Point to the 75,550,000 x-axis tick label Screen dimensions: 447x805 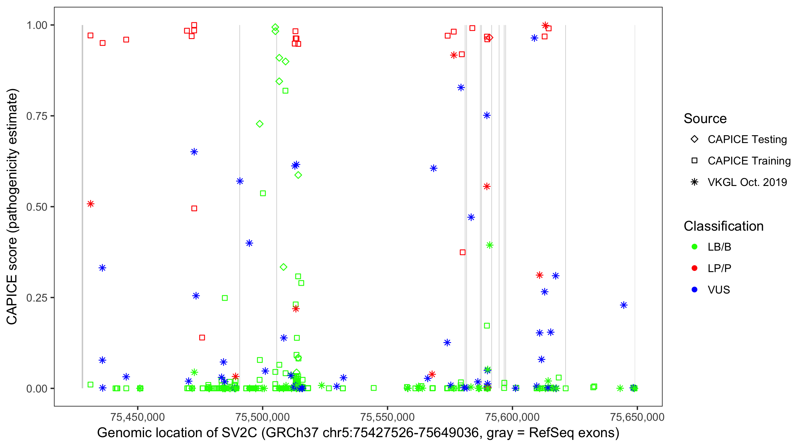pyautogui.click(x=388, y=417)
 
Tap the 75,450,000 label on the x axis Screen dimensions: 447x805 pyautogui.click(x=137, y=417)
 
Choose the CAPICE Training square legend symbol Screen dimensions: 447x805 pyautogui.click(x=694, y=161)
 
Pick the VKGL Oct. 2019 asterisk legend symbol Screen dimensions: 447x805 pyautogui.click(x=694, y=182)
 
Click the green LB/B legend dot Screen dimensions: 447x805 pyautogui.click(x=694, y=247)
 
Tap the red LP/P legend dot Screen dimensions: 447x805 pyautogui.click(x=694, y=268)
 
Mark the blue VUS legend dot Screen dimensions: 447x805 pyautogui.click(x=694, y=290)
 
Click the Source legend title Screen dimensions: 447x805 pyautogui.click(x=705, y=119)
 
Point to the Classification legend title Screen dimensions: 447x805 pyautogui.click(x=723, y=226)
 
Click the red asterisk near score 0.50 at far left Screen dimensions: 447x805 pyautogui.click(x=91, y=204)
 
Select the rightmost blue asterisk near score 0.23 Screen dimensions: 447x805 pyautogui.click(x=623, y=305)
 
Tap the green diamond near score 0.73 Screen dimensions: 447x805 pyautogui.click(x=259, y=124)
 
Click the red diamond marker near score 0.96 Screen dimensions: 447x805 pyautogui.click(x=490, y=38)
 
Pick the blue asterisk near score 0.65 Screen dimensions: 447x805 pyautogui.click(x=194, y=152)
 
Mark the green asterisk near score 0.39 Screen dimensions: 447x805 pyautogui.click(x=490, y=245)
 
